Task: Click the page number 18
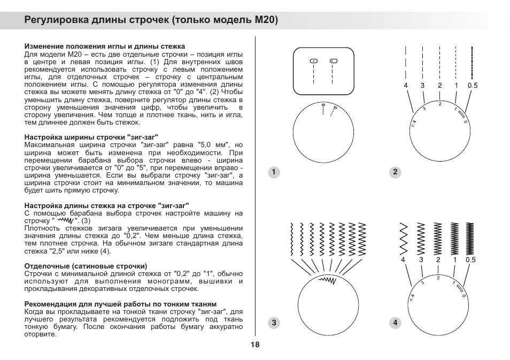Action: pyautogui.click(x=254, y=344)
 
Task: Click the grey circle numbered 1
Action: pyautogui.click(x=274, y=172)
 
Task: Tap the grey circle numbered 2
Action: pyautogui.click(x=395, y=172)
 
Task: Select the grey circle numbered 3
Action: pyautogui.click(x=274, y=323)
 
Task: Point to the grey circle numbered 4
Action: pyautogui.click(x=395, y=323)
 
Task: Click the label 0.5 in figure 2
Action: pyautogui.click(x=472, y=86)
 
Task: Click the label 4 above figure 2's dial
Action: pyautogui.click(x=406, y=86)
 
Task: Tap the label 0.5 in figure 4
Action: pyautogui.click(x=470, y=260)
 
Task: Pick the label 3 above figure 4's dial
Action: pyautogui.click(x=421, y=260)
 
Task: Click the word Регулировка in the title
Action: pyautogui.click(x=57, y=21)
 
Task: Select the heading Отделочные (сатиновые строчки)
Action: pyautogui.click(x=86, y=266)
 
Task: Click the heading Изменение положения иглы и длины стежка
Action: pyautogui.click(x=105, y=47)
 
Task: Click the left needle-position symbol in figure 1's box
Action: pyautogui.click(x=313, y=61)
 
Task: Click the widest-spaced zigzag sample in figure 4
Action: pyautogui.click(x=404, y=239)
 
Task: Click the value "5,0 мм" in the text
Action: pyautogui.click(x=213, y=145)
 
